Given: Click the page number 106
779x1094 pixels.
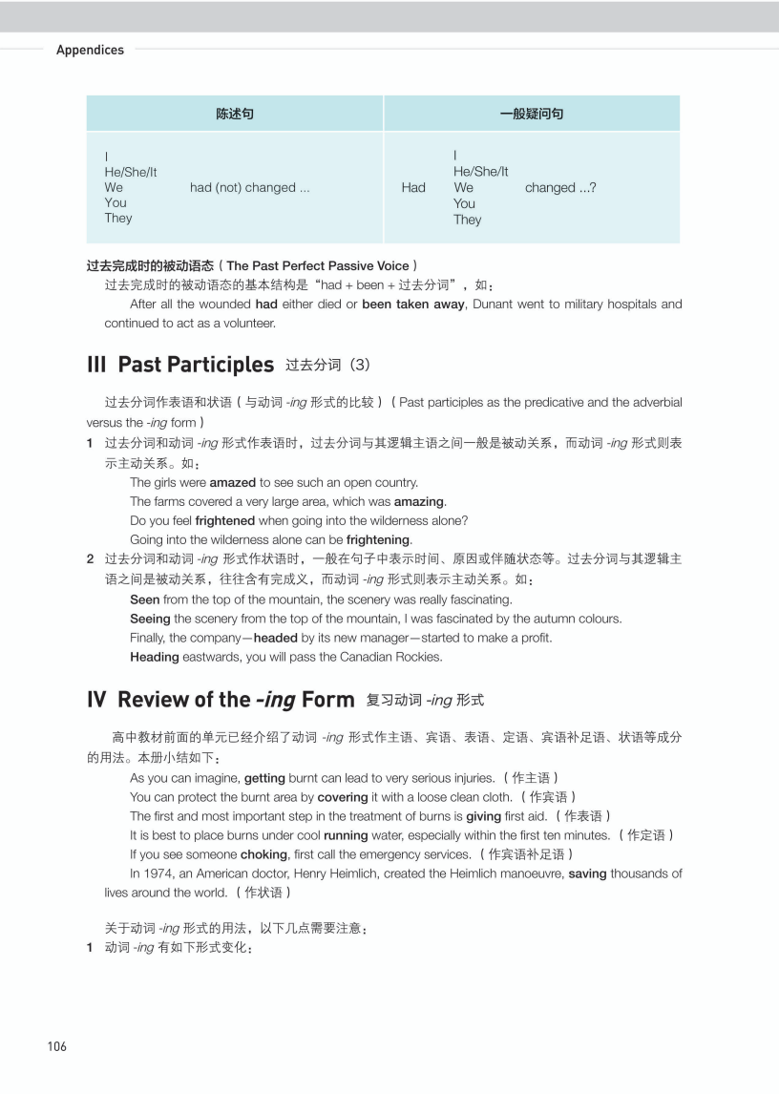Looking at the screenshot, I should click(57, 1046).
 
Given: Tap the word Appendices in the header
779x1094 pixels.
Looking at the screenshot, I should click(90, 50).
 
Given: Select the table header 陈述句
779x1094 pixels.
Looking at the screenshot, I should click(235, 114).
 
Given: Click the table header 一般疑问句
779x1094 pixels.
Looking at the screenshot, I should click(532, 114).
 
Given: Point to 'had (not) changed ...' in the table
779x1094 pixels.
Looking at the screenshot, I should click(249, 188).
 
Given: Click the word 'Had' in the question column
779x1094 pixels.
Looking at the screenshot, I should click(413, 188).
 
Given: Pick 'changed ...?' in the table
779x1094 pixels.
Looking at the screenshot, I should click(560, 188).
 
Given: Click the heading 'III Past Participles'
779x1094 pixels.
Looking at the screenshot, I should click(180, 365).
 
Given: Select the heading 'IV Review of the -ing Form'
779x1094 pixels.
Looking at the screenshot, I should click(221, 700).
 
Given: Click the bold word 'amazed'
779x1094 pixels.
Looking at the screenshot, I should click(232, 483).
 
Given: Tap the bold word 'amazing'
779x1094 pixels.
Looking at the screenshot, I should click(419, 502).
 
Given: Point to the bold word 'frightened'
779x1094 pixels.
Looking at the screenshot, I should click(224, 521).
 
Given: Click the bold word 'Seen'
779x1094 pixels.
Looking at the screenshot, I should click(144, 600).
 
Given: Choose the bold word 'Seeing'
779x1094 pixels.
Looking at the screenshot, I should click(150, 619).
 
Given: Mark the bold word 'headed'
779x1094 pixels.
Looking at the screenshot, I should click(275, 638).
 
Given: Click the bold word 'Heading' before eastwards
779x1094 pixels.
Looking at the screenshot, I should click(154, 657).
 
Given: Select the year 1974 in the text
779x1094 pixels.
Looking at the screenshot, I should click(166, 873).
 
